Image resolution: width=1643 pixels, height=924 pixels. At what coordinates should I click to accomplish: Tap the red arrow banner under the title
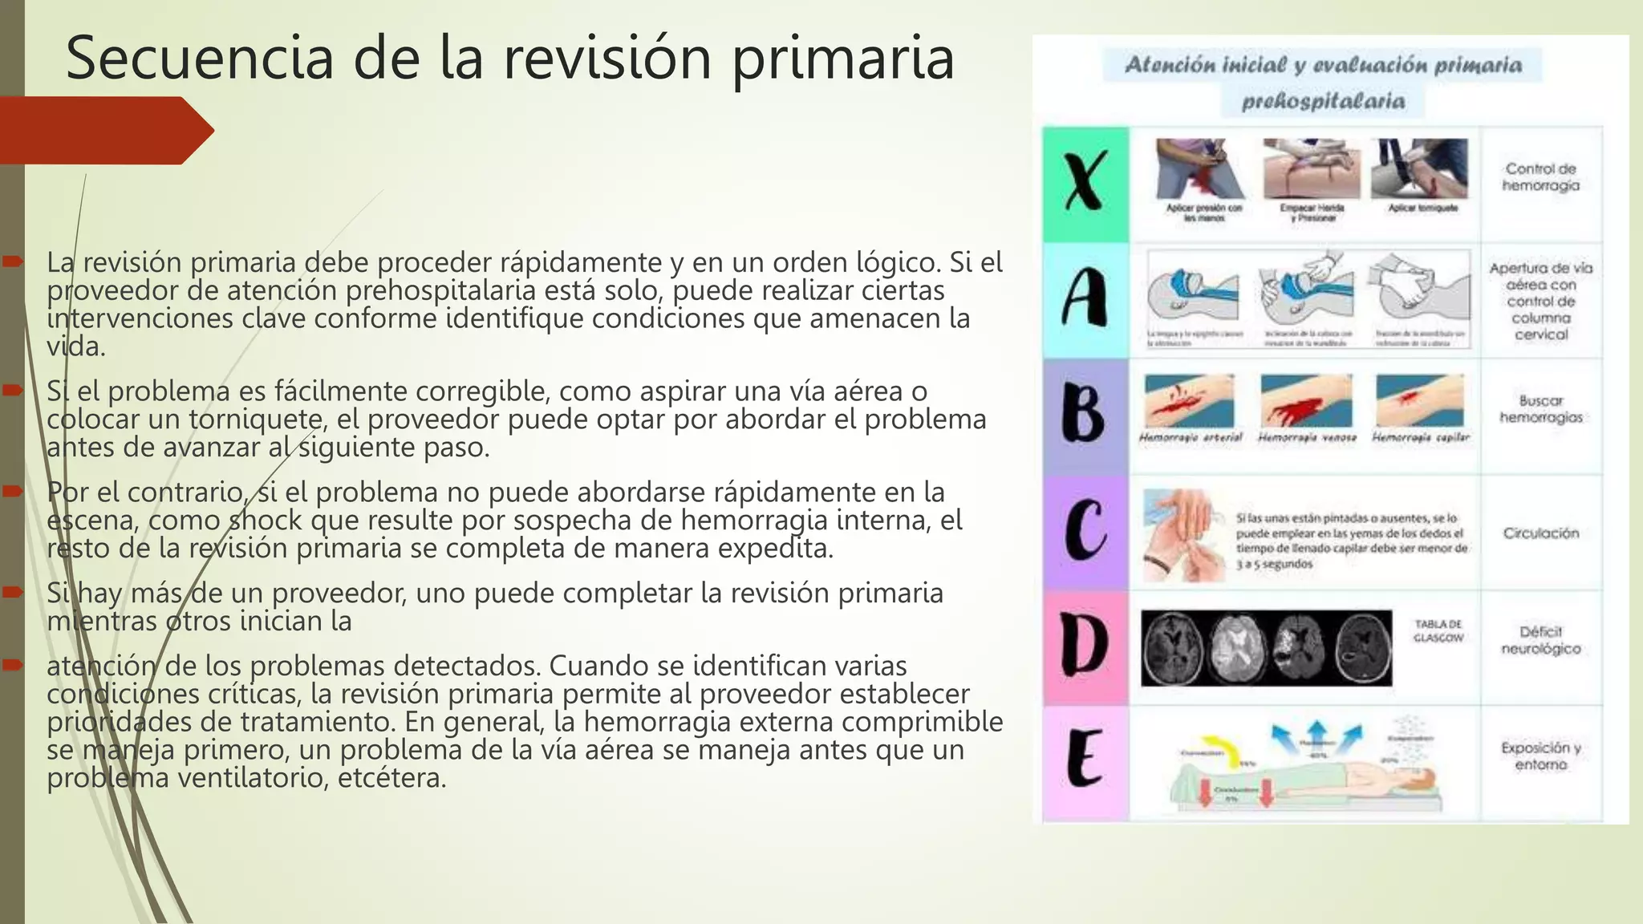(x=104, y=130)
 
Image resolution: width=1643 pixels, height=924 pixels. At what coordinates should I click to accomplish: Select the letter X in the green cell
(x=1085, y=183)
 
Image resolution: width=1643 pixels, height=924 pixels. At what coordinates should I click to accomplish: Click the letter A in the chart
(x=1085, y=298)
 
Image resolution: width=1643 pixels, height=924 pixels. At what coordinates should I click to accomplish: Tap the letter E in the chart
(x=1085, y=758)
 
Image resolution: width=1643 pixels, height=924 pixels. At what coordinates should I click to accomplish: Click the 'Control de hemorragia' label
(x=1540, y=177)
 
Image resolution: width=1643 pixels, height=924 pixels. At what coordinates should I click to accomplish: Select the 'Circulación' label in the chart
(x=1540, y=533)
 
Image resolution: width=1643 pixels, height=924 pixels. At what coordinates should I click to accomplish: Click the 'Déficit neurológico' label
(x=1540, y=640)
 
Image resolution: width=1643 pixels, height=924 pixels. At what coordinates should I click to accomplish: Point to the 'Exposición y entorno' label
(x=1540, y=756)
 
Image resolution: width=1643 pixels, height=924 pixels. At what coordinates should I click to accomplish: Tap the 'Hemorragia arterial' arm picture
(x=1190, y=400)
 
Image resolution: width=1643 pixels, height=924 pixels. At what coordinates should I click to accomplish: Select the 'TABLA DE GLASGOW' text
(x=1438, y=630)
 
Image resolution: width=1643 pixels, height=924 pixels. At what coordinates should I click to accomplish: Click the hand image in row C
(x=1184, y=535)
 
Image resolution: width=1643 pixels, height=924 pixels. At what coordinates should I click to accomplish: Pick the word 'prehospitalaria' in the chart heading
(x=1323, y=102)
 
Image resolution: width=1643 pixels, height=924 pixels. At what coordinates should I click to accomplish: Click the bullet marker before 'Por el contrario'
(x=13, y=491)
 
